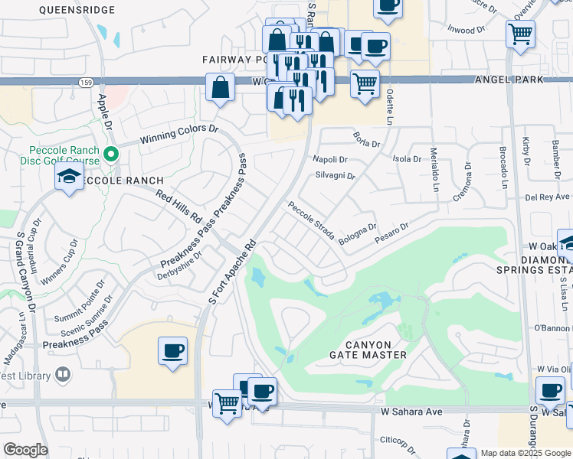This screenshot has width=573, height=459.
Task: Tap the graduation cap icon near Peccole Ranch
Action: [x=69, y=178]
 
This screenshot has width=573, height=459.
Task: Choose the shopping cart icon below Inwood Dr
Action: [x=520, y=34]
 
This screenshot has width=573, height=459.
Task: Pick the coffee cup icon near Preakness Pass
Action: [x=172, y=352]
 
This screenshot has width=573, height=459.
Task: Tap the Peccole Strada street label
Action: [x=311, y=221]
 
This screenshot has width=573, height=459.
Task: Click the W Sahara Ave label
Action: [x=412, y=412]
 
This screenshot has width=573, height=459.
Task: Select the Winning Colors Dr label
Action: [x=178, y=135]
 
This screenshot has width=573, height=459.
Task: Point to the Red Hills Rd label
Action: [x=178, y=207]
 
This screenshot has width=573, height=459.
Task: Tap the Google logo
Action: [x=25, y=450]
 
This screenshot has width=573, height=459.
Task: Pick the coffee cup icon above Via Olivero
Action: [x=550, y=390]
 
